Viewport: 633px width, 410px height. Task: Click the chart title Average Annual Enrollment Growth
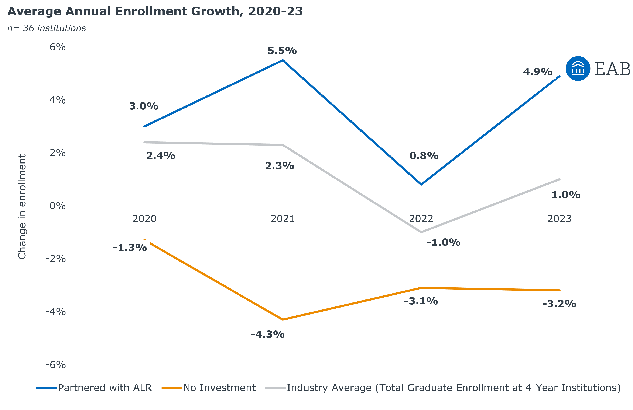tap(155, 11)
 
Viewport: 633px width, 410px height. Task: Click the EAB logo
tap(598, 69)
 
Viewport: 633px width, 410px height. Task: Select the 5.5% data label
tap(282, 50)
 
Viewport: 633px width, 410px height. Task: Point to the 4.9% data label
tap(537, 71)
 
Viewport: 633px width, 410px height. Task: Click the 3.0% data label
tap(144, 106)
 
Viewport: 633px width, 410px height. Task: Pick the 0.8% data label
tap(424, 155)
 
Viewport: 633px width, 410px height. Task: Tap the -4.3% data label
tap(268, 334)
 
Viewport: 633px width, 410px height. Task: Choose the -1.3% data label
tap(130, 247)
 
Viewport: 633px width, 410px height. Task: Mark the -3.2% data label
tap(559, 303)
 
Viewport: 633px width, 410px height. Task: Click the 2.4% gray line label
tap(161, 155)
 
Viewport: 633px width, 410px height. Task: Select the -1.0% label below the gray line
tap(443, 242)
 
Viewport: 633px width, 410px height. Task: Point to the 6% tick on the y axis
tap(57, 47)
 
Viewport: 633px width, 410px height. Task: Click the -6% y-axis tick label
tap(56, 365)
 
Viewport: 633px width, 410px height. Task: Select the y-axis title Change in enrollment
tap(22, 206)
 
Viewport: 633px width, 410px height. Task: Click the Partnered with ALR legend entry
tap(105, 388)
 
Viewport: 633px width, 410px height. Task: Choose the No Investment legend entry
tap(219, 388)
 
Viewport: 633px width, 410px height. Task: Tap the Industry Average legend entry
tap(454, 388)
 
